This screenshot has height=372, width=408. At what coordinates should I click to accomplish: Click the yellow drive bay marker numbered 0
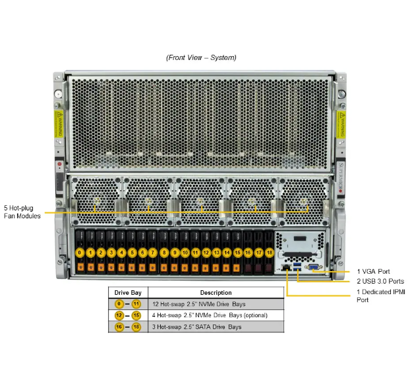(x=80, y=253)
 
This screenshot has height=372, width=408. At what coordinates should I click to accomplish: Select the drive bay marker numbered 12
(x=206, y=253)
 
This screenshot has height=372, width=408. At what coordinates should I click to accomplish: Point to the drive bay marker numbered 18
(x=269, y=253)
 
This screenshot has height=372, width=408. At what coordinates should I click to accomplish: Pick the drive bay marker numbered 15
(x=237, y=253)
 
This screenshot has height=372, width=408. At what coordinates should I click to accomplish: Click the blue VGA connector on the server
(x=316, y=268)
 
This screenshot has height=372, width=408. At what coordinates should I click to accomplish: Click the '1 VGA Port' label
(x=372, y=271)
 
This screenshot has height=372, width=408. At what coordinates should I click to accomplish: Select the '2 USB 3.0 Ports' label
(x=380, y=281)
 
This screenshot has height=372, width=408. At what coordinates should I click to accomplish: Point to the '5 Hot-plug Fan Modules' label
(x=22, y=212)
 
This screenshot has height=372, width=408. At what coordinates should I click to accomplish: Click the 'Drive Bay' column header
(x=128, y=292)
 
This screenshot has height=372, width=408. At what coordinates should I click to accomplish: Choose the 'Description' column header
(x=216, y=292)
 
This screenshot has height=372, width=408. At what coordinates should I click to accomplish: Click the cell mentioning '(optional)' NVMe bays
(x=216, y=315)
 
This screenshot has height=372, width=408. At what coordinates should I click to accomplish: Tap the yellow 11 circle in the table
(x=136, y=304)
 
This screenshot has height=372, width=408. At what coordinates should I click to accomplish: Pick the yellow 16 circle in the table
(x=119, y=327)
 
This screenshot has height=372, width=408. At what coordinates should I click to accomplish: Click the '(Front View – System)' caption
(x=201, y=57)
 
